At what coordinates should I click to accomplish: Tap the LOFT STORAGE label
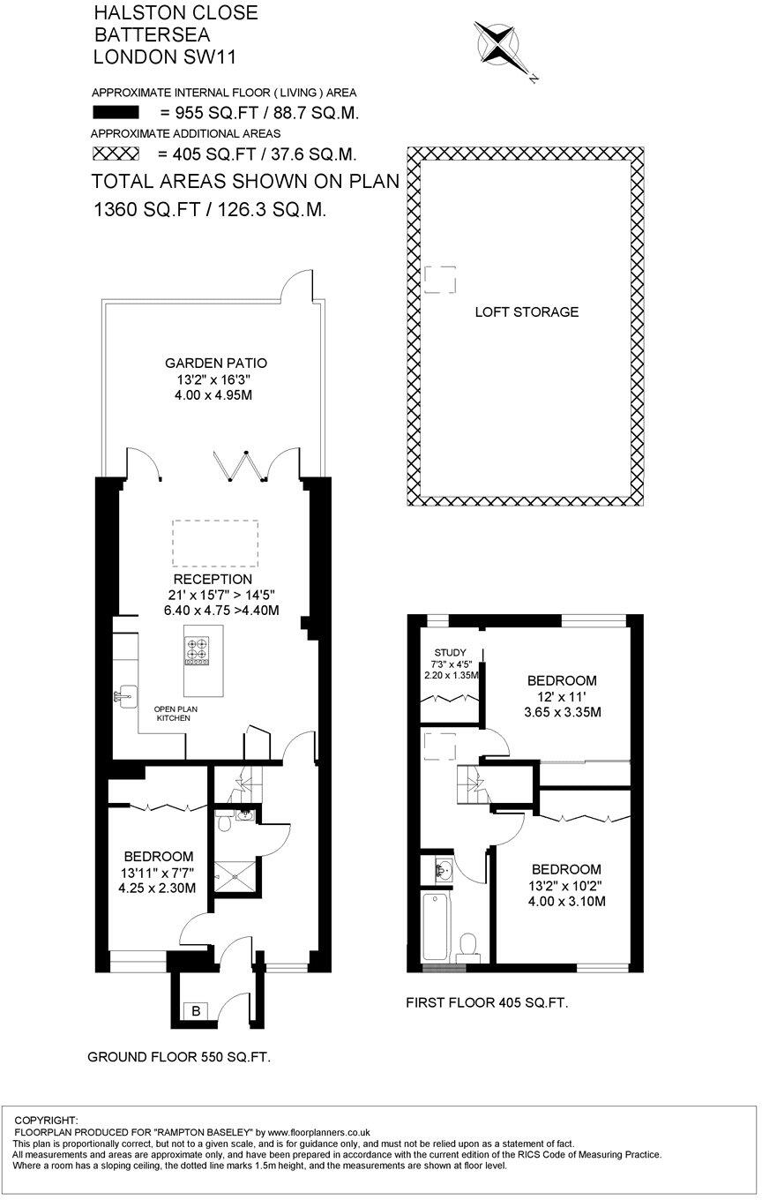[x=527, y=311]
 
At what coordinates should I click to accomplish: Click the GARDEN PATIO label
[x=216, y=364]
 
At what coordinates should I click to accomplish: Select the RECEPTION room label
[x=213, y=579]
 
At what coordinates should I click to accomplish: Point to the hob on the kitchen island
[x=197, y=651]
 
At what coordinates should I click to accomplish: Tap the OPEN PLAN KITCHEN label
[x=176, y=714]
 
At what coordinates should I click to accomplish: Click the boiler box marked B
[x=196, y=1011]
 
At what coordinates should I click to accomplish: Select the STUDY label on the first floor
[x=450, y=653]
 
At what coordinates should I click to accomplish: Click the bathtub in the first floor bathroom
[x=437, y=926]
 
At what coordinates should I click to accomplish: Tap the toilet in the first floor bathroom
[x=467, y=948]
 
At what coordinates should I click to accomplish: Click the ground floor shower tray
[x=235, y=876]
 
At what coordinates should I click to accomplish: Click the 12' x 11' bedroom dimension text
[x=562, y=696]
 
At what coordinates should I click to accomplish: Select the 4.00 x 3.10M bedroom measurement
[x=566, y=901]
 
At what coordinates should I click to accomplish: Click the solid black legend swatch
[x=116, y=113]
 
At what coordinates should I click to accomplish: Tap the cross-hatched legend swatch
[x=116, y=154]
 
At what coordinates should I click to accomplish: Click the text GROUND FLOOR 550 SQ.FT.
[x=179, y=1057]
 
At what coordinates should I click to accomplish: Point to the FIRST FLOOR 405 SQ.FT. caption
[x=487, y=1002]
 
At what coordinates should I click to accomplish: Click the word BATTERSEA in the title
[x=152, y=34]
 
